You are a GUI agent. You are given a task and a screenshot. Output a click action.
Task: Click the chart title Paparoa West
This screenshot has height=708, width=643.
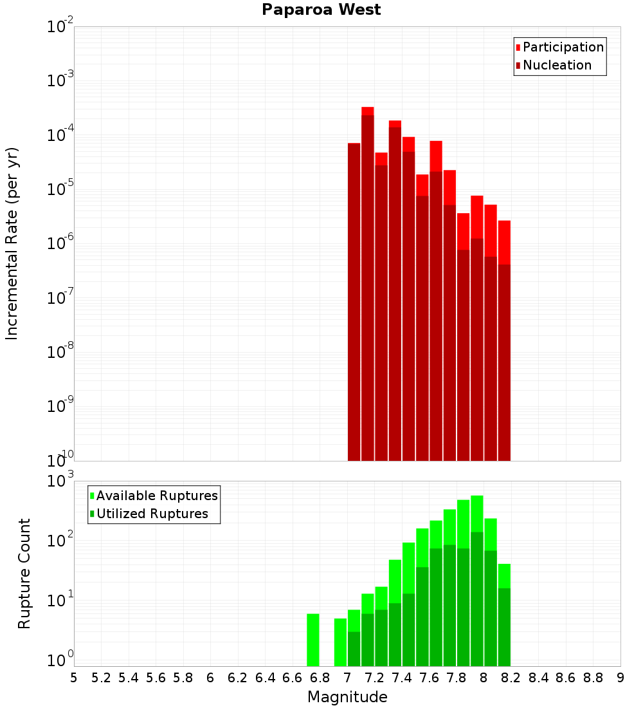pos(321,10)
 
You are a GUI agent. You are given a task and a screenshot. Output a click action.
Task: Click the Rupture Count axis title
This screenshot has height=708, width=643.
pos(24,573)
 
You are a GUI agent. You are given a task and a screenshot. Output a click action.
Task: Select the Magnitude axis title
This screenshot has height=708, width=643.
pos(347,697)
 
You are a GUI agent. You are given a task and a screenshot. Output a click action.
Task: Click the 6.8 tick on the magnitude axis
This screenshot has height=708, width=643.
pos(320,678)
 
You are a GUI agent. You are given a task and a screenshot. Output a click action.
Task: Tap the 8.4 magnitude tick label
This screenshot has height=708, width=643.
pos(538,678)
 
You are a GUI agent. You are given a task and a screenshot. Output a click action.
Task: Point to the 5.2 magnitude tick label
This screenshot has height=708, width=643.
pos(101,678)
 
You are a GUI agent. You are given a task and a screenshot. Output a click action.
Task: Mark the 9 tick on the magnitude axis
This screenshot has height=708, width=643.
pos(620,678)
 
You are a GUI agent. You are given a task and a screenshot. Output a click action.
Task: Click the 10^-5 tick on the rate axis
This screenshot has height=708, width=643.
pos(57,189)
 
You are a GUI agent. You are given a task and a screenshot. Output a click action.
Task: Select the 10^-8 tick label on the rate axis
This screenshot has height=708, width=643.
pos(57,352)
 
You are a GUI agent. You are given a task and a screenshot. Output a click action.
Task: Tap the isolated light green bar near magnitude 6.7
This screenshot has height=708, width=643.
pos(313,640)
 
